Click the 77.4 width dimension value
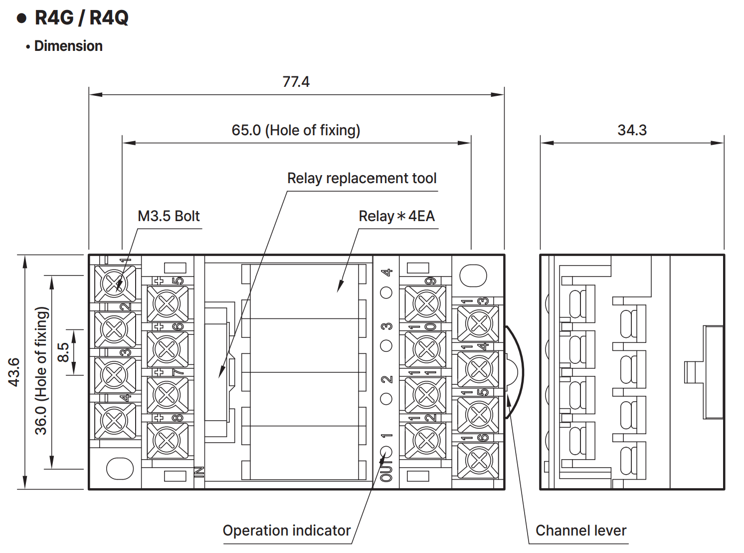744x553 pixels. click(296, 81)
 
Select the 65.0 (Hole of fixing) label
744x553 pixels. click(296, 130)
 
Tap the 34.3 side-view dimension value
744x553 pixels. click(632, 130)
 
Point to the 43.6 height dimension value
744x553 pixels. click(14, 372)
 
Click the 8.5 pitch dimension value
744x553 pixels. click(63, 352)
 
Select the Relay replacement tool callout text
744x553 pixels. click(362, 178)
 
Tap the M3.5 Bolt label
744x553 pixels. click(169, 216)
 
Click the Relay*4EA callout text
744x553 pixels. click(397, 216)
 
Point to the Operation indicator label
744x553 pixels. click(287, 531)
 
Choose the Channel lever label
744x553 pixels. click(581, 531)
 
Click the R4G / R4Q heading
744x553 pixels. click(81, 17)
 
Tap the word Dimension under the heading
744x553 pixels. click(68, 46)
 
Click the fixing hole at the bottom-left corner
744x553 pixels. click(120, 468)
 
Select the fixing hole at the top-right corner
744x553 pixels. click(473, 276)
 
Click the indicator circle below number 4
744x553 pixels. click(386, 293)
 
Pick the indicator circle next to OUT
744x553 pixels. click(386, 452)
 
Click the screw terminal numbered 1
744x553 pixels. click(115, 283)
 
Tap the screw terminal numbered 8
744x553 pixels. click(168, 440)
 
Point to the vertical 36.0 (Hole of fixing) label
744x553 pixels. click(41, 371)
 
